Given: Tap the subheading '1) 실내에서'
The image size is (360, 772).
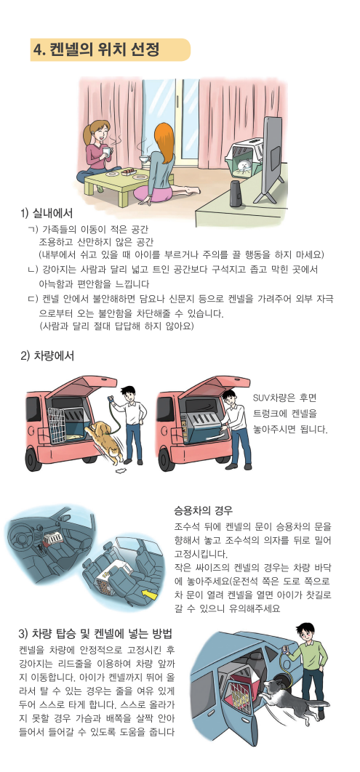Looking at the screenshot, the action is coord(47,214).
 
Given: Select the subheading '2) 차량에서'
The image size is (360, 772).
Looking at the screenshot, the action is coord(47,355).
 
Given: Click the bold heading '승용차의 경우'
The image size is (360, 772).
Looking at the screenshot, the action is coord(203,509).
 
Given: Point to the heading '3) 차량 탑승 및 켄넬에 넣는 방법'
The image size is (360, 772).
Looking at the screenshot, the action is coord(95,633).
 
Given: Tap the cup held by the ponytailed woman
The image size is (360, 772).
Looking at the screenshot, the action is coord(106,150).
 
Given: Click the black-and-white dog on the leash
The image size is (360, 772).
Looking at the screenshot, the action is coord(290,695).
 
